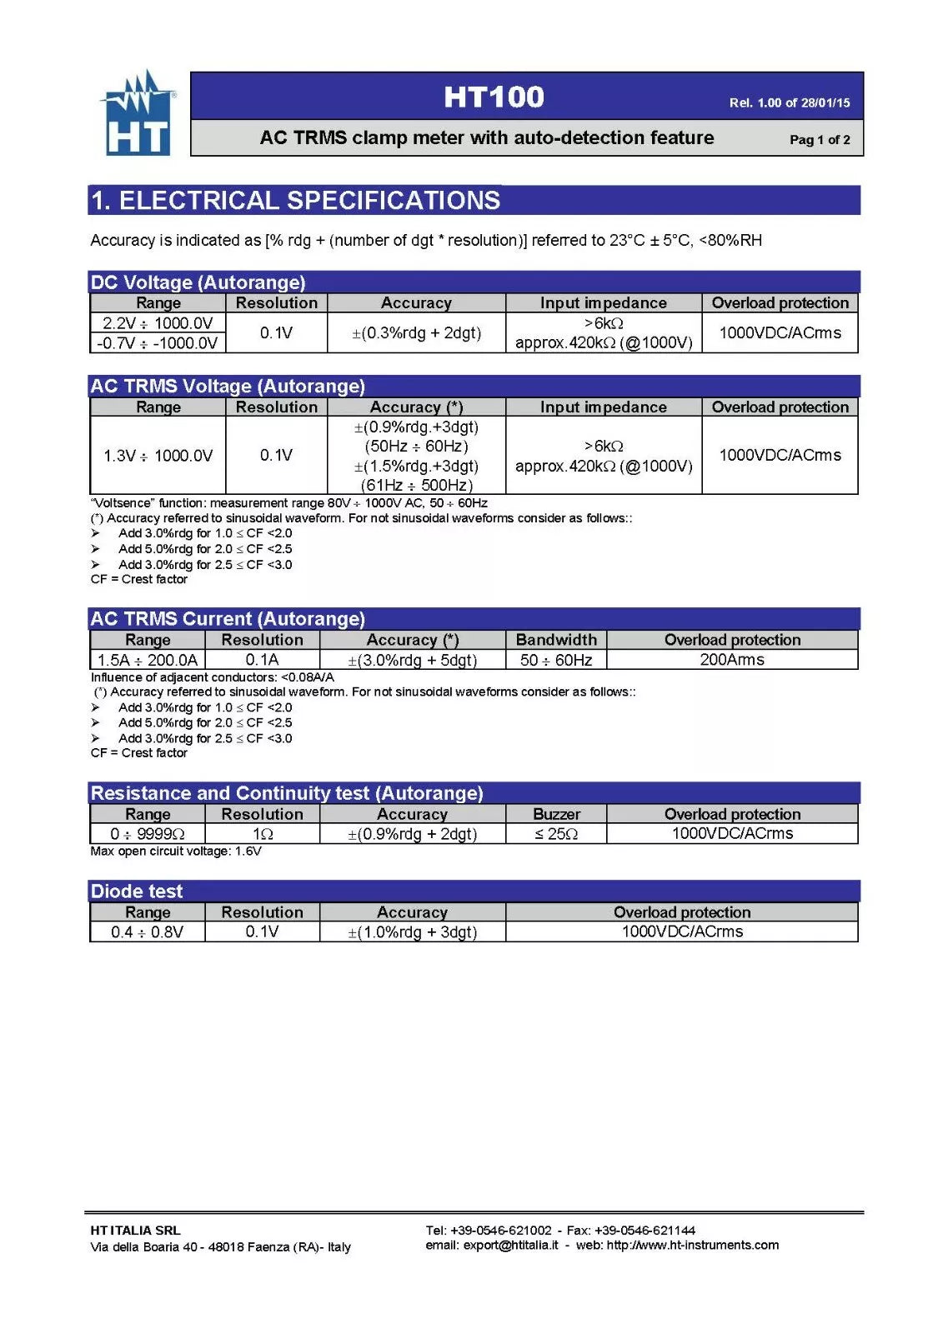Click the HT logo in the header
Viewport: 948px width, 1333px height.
coord(138,115)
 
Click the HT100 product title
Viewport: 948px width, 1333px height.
coord(494,97)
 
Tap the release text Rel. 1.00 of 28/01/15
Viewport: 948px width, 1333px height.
coord(789,102)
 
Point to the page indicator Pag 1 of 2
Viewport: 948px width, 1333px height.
coord(820,139)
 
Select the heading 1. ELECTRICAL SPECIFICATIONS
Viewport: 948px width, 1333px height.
coord(295,201)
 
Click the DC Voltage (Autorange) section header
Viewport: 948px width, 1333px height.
coord(198,282)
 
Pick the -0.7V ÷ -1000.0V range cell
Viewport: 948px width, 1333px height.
coord(158,342)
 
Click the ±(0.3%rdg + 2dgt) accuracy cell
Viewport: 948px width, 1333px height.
coord(416,332)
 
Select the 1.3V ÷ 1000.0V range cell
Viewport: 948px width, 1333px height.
coord(158,455)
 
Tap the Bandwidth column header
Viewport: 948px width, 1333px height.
coord(556,640)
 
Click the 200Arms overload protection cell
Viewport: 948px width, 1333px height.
coord(732,659)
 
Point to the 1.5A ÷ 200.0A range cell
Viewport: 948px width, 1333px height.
coord(148,660)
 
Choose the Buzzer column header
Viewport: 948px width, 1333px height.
coord(556,814)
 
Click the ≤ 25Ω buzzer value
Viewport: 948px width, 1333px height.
coord(556,833)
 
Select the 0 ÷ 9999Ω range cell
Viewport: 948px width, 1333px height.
coord(148,833)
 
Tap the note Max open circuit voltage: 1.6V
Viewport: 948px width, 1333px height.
coord(176,851)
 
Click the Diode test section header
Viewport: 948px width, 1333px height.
coord(137,891)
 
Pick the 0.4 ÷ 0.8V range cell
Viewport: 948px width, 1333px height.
coord(148,931)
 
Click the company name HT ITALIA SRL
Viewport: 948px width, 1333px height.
coord(135,1230)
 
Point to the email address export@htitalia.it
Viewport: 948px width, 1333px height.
coord(509,1245)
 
